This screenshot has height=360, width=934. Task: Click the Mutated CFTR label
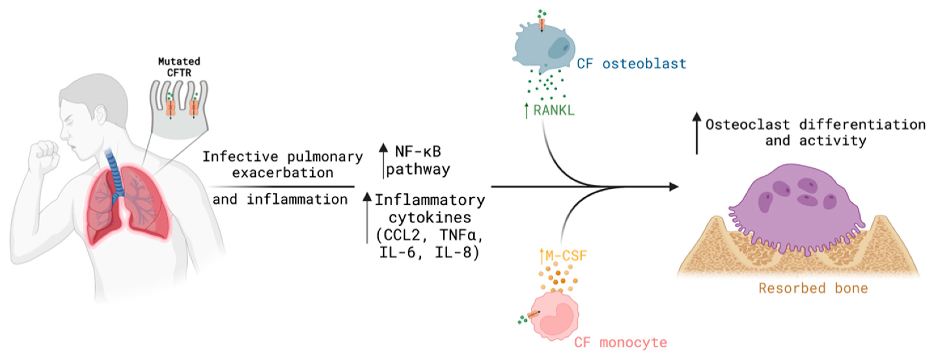pyautogui.click(x=179, y=67)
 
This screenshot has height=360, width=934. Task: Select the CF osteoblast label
pyautogui.click(x=631, y=64)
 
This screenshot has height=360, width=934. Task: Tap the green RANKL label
pyautogui.click(x=554, y=110)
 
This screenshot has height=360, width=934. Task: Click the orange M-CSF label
pyautogui.click(x=565, y=256)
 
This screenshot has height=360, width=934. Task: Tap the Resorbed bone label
pyautogui.click(x=813, y=288)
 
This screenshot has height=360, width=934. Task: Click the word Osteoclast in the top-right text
pyautogui.click(x=748, y=125)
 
